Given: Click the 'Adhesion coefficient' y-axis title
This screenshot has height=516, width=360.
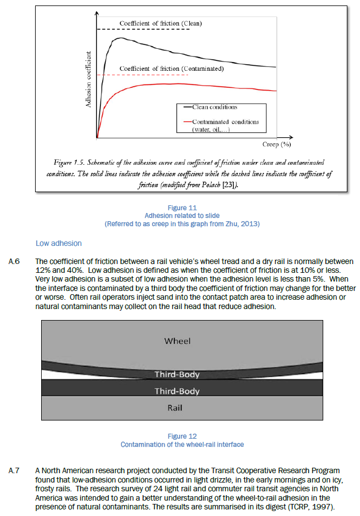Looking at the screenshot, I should [x=88, y=78].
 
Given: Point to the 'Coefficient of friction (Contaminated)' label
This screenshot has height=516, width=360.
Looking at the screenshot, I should [x=171, y=69].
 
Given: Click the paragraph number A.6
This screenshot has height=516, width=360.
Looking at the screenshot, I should [x=15, y=261].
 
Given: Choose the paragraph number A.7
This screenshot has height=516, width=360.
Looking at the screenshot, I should [x=15, y=470].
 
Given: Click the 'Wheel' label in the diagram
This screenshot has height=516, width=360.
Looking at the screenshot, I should [x=177, y=341].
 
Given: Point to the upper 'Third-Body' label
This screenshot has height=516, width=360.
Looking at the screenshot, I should [x=177, y=375].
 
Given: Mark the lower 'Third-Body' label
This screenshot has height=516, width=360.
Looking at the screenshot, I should [x=177, y=391].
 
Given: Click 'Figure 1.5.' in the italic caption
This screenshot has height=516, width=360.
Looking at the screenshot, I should [x=69, y=162].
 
